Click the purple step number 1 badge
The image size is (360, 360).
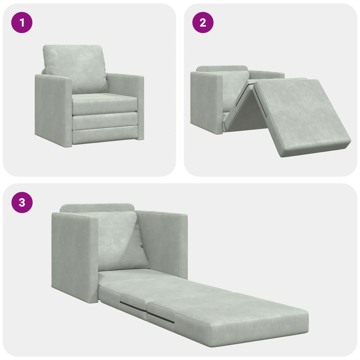pos(22,22)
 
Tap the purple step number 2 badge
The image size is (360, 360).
pos(202,22)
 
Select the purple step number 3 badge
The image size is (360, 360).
pos(22,202)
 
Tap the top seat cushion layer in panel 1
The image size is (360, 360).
pos(105,103)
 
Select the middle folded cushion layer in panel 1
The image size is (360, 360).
pos(105,121)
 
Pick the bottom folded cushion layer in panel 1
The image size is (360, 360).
pos(105,136)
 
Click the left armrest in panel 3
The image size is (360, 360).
pos(74,257)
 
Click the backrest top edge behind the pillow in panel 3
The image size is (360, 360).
pos(97,208)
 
